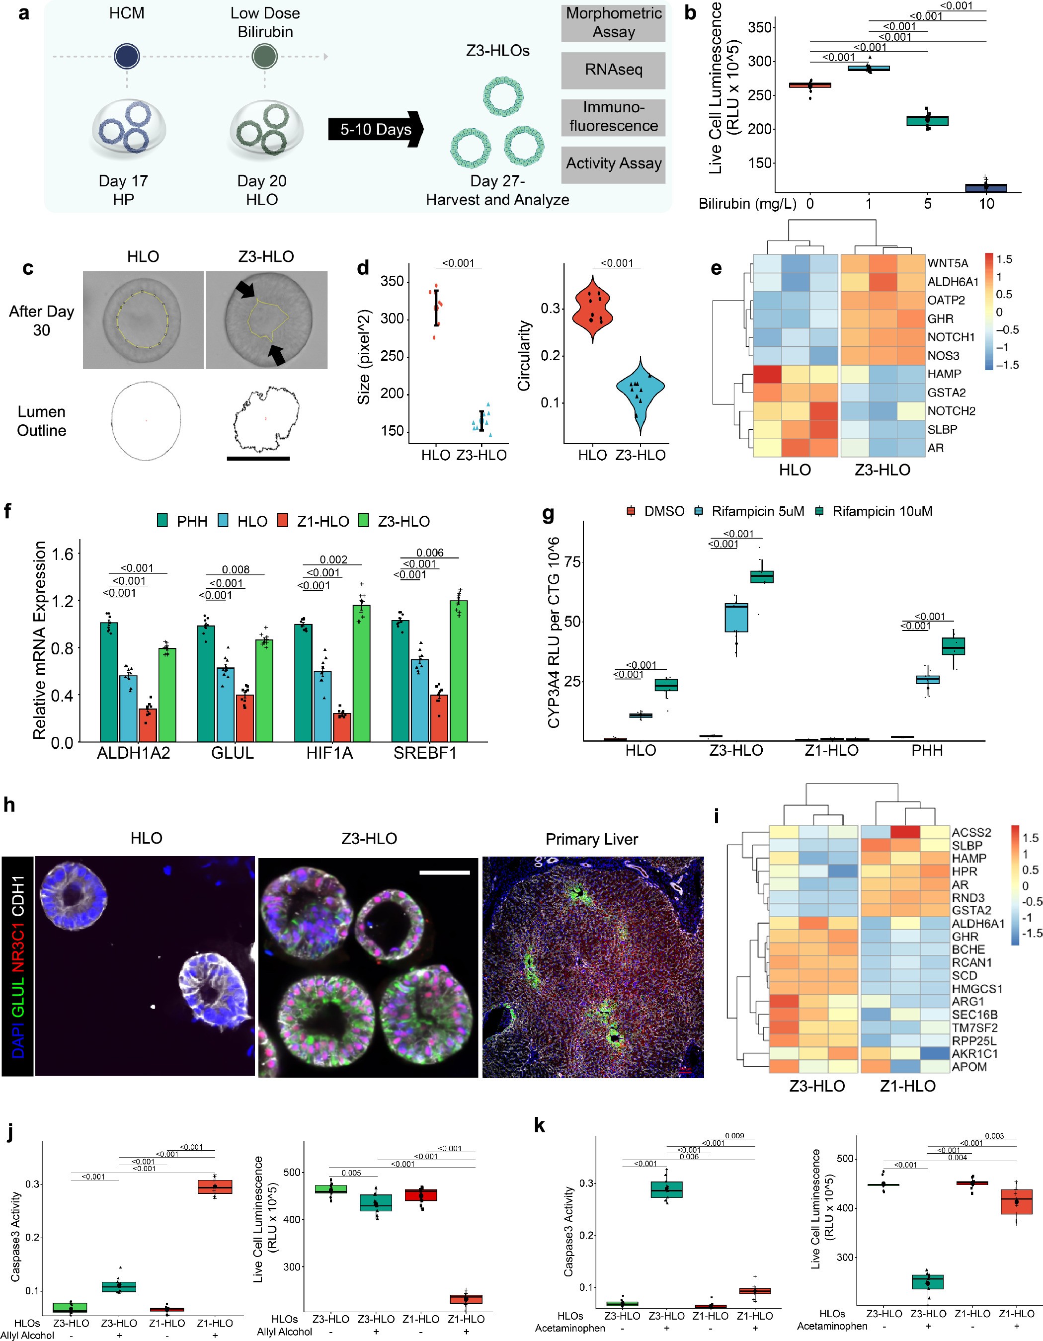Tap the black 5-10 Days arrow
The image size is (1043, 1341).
375,130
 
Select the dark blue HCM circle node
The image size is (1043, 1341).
127,57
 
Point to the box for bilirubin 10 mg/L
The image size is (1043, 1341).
985,188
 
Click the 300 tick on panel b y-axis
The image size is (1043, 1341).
756,62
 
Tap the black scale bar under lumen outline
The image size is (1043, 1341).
258,458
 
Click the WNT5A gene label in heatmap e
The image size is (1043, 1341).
947,263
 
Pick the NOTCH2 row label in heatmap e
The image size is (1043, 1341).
951,411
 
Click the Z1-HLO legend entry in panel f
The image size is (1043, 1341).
313,521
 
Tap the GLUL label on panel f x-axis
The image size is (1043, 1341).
232,753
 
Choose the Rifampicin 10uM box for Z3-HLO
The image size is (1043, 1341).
762,576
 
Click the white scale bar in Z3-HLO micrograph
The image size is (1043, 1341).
444,872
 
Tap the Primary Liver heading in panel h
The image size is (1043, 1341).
591,839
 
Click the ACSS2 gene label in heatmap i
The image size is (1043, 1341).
970,832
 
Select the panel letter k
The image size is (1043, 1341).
539,1125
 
